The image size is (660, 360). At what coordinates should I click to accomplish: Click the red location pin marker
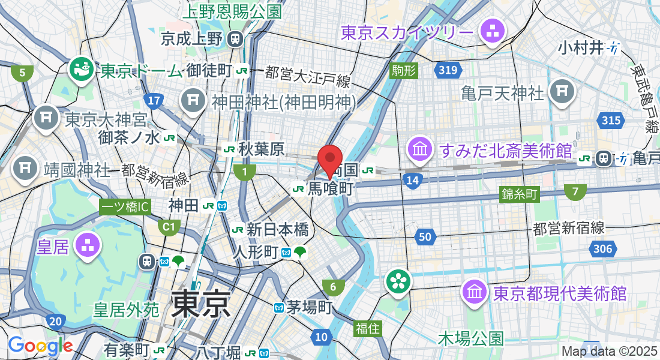(x=329, y=160)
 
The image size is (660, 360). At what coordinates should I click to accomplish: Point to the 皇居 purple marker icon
(x=88, y=247)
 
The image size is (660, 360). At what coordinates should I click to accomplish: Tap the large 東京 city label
(x=201, y=303)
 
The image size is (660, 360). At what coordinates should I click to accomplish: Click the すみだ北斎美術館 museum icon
(x=421, y=150)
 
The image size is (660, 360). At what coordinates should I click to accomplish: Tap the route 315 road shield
(x=611, y=121)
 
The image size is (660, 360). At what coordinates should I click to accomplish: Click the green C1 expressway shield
(x=169, y=227)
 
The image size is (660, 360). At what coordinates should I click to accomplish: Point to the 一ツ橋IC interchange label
(x=125, y=207)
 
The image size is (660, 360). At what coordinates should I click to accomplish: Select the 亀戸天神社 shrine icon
(x=562, y=92)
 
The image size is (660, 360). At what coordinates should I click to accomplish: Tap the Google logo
(x=40, y=346)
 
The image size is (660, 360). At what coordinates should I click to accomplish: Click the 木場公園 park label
(x=470, y=338)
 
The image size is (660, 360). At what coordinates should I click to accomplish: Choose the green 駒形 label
(x=403, y=71)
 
